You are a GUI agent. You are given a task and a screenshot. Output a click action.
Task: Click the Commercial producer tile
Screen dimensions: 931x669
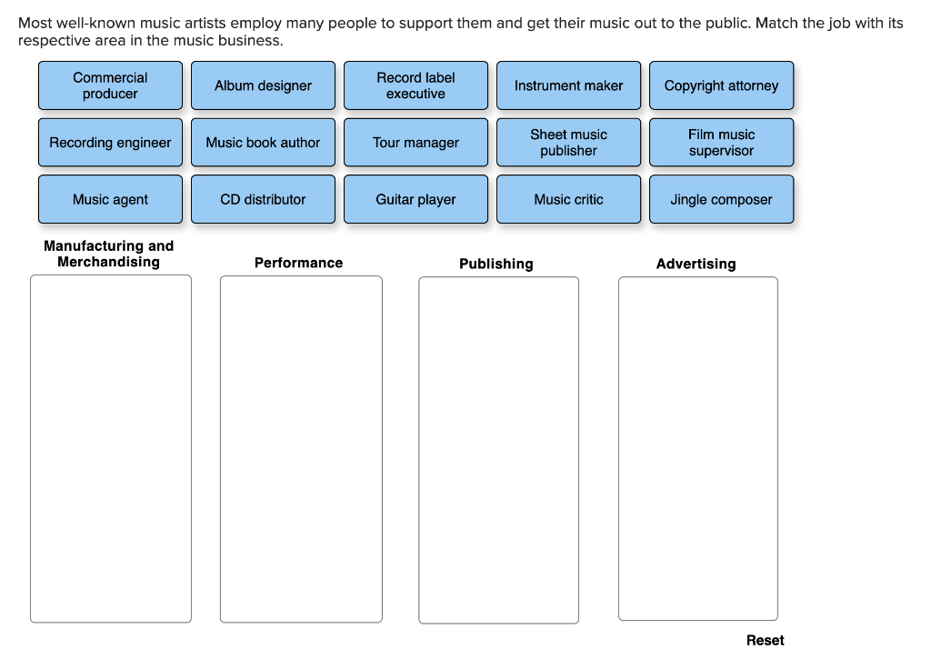pos(110,85)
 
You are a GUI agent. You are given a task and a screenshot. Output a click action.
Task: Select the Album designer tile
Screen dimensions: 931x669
pos(263,85)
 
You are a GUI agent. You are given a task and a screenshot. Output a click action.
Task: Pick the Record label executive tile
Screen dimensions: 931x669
pos(415,85)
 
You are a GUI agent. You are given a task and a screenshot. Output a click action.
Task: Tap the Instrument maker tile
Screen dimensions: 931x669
pos(569,85)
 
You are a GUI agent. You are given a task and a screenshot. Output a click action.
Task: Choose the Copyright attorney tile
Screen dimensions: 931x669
pos(721,85)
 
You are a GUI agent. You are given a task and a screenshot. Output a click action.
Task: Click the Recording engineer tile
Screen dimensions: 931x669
pos(110,143)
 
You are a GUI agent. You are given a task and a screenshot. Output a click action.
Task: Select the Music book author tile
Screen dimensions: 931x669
pos(263,143)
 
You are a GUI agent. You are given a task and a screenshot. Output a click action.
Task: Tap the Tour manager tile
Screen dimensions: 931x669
pos(415,143)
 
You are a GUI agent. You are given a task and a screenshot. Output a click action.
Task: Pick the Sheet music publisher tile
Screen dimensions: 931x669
pos(569,143)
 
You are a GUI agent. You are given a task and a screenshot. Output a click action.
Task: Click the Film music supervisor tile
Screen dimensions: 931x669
pos(721,143)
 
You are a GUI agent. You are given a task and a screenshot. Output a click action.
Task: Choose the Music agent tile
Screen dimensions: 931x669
pos(110,199)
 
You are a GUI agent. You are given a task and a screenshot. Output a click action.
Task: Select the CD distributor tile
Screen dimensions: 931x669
pos(263,199)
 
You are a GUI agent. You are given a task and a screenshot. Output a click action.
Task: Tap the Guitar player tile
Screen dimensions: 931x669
pos(415,199)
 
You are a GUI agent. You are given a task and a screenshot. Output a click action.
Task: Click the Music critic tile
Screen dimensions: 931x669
pos(569,199)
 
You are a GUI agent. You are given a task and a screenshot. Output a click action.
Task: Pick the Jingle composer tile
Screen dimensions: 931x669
pos(721,199)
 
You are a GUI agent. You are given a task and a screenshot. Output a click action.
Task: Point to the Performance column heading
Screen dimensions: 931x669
pos(298,263)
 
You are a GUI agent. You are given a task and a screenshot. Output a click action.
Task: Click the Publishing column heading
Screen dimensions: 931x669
pos(496,265)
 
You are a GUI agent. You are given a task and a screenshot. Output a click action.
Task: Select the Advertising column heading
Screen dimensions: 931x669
pos(696,265)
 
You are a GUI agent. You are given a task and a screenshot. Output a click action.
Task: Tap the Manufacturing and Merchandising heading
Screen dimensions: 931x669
pos(109,255)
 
